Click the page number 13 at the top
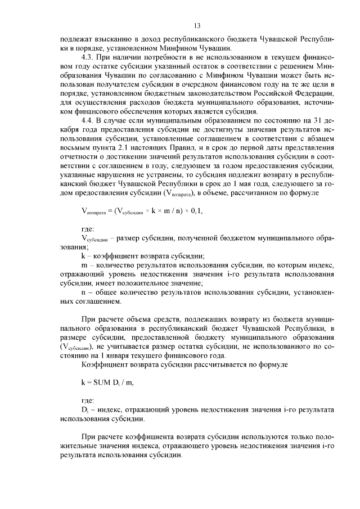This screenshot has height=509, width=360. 197,25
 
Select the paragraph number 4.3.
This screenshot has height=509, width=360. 88,57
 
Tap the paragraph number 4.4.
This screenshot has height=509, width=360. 88,120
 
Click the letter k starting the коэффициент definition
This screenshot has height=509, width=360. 83,255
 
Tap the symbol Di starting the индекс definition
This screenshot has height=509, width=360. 84,408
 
